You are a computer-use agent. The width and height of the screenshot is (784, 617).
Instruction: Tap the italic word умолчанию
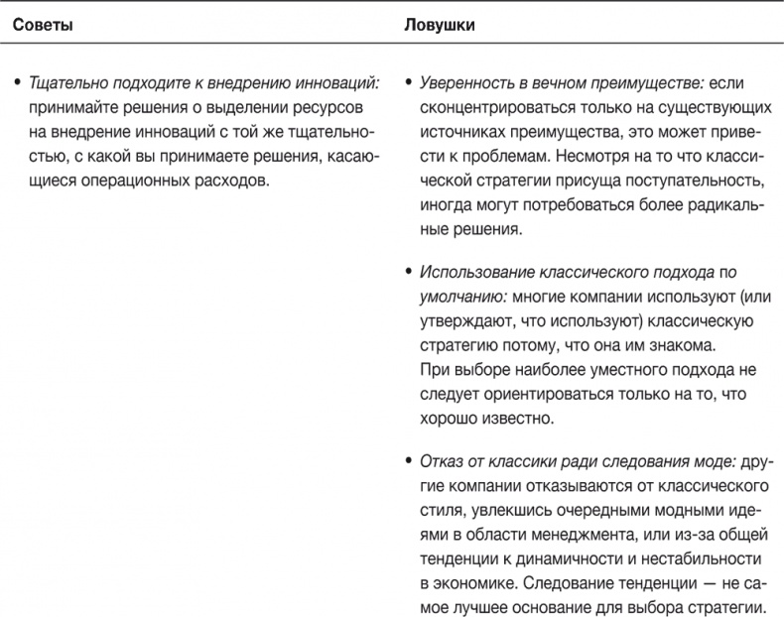pyautogui.click(x=457, y=296)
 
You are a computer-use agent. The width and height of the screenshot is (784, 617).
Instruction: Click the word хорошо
pyautogui.click(x=447, y=418)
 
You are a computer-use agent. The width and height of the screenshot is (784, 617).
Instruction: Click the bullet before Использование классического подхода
pyautogui.click(x=409, y=273)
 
